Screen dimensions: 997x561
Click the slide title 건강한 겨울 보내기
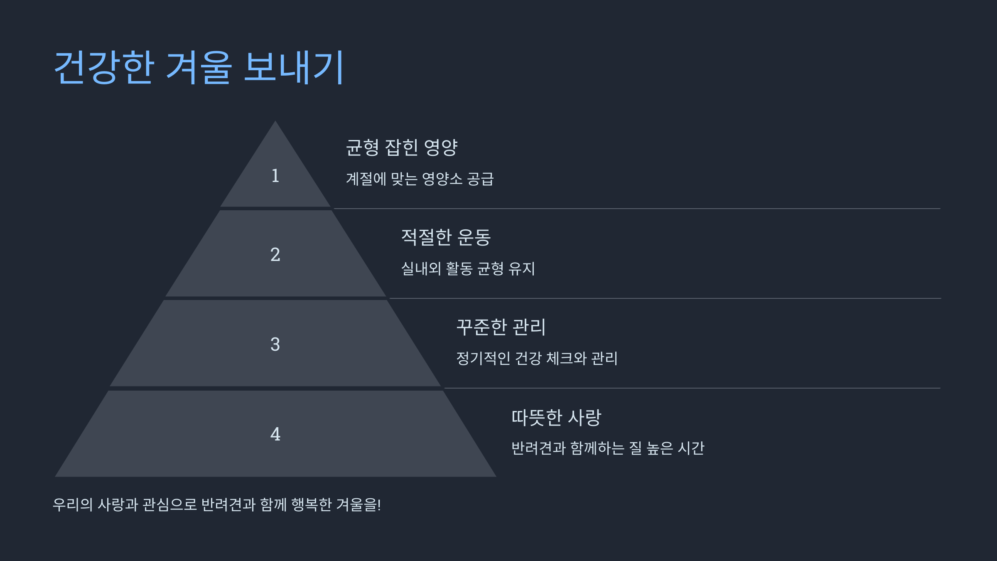pos(199,67)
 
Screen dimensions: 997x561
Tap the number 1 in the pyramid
pos(275,176)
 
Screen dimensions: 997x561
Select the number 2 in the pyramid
pos(275,254)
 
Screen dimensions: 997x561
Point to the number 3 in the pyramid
pos(275,344)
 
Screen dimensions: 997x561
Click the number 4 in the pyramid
pos(275,434)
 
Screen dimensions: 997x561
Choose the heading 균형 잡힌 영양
pos(401,148)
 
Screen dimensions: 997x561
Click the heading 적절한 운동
pos(446,237)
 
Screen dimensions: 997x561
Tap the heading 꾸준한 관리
pos(501,327)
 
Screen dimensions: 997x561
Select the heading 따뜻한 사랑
pos(556,417)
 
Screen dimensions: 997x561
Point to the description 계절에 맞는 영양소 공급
pos(420,179)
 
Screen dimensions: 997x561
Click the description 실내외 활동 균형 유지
pos(468,269)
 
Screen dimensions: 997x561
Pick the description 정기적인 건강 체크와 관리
pos(537,358)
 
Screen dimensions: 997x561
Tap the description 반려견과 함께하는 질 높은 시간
pos(607,448)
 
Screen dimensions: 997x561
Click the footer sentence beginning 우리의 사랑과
pos(216,504)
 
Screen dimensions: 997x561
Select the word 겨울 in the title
pos(199,67)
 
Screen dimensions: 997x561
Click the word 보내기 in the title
pos(294,67)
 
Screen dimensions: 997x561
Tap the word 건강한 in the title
pos(104,67)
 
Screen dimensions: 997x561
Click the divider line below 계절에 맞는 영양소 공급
pos(637,209)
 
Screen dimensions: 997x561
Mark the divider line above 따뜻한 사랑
pos(692,388)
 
